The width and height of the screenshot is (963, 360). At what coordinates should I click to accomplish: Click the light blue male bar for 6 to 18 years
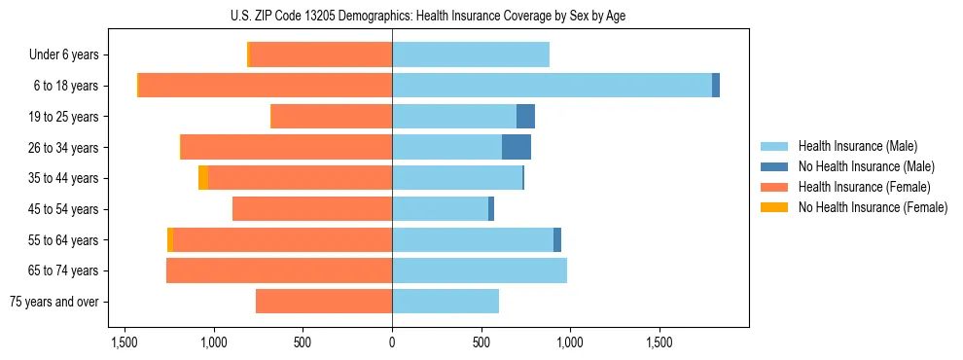(552, 86)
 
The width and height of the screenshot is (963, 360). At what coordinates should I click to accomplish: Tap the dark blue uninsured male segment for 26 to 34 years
(517, 147)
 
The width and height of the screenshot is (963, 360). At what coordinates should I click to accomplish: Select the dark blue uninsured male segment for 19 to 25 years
(525, 117)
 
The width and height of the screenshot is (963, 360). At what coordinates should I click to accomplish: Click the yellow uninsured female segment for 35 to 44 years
(203, 178)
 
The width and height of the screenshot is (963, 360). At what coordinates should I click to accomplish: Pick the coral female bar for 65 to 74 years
(279, 270)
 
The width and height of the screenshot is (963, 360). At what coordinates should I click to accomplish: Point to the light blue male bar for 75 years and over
(446, 302)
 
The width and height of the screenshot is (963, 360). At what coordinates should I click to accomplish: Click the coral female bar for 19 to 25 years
(331, 117)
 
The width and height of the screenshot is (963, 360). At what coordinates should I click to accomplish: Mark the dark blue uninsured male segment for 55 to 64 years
(557, 239)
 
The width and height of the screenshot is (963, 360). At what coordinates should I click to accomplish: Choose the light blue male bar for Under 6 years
(471, 55)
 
